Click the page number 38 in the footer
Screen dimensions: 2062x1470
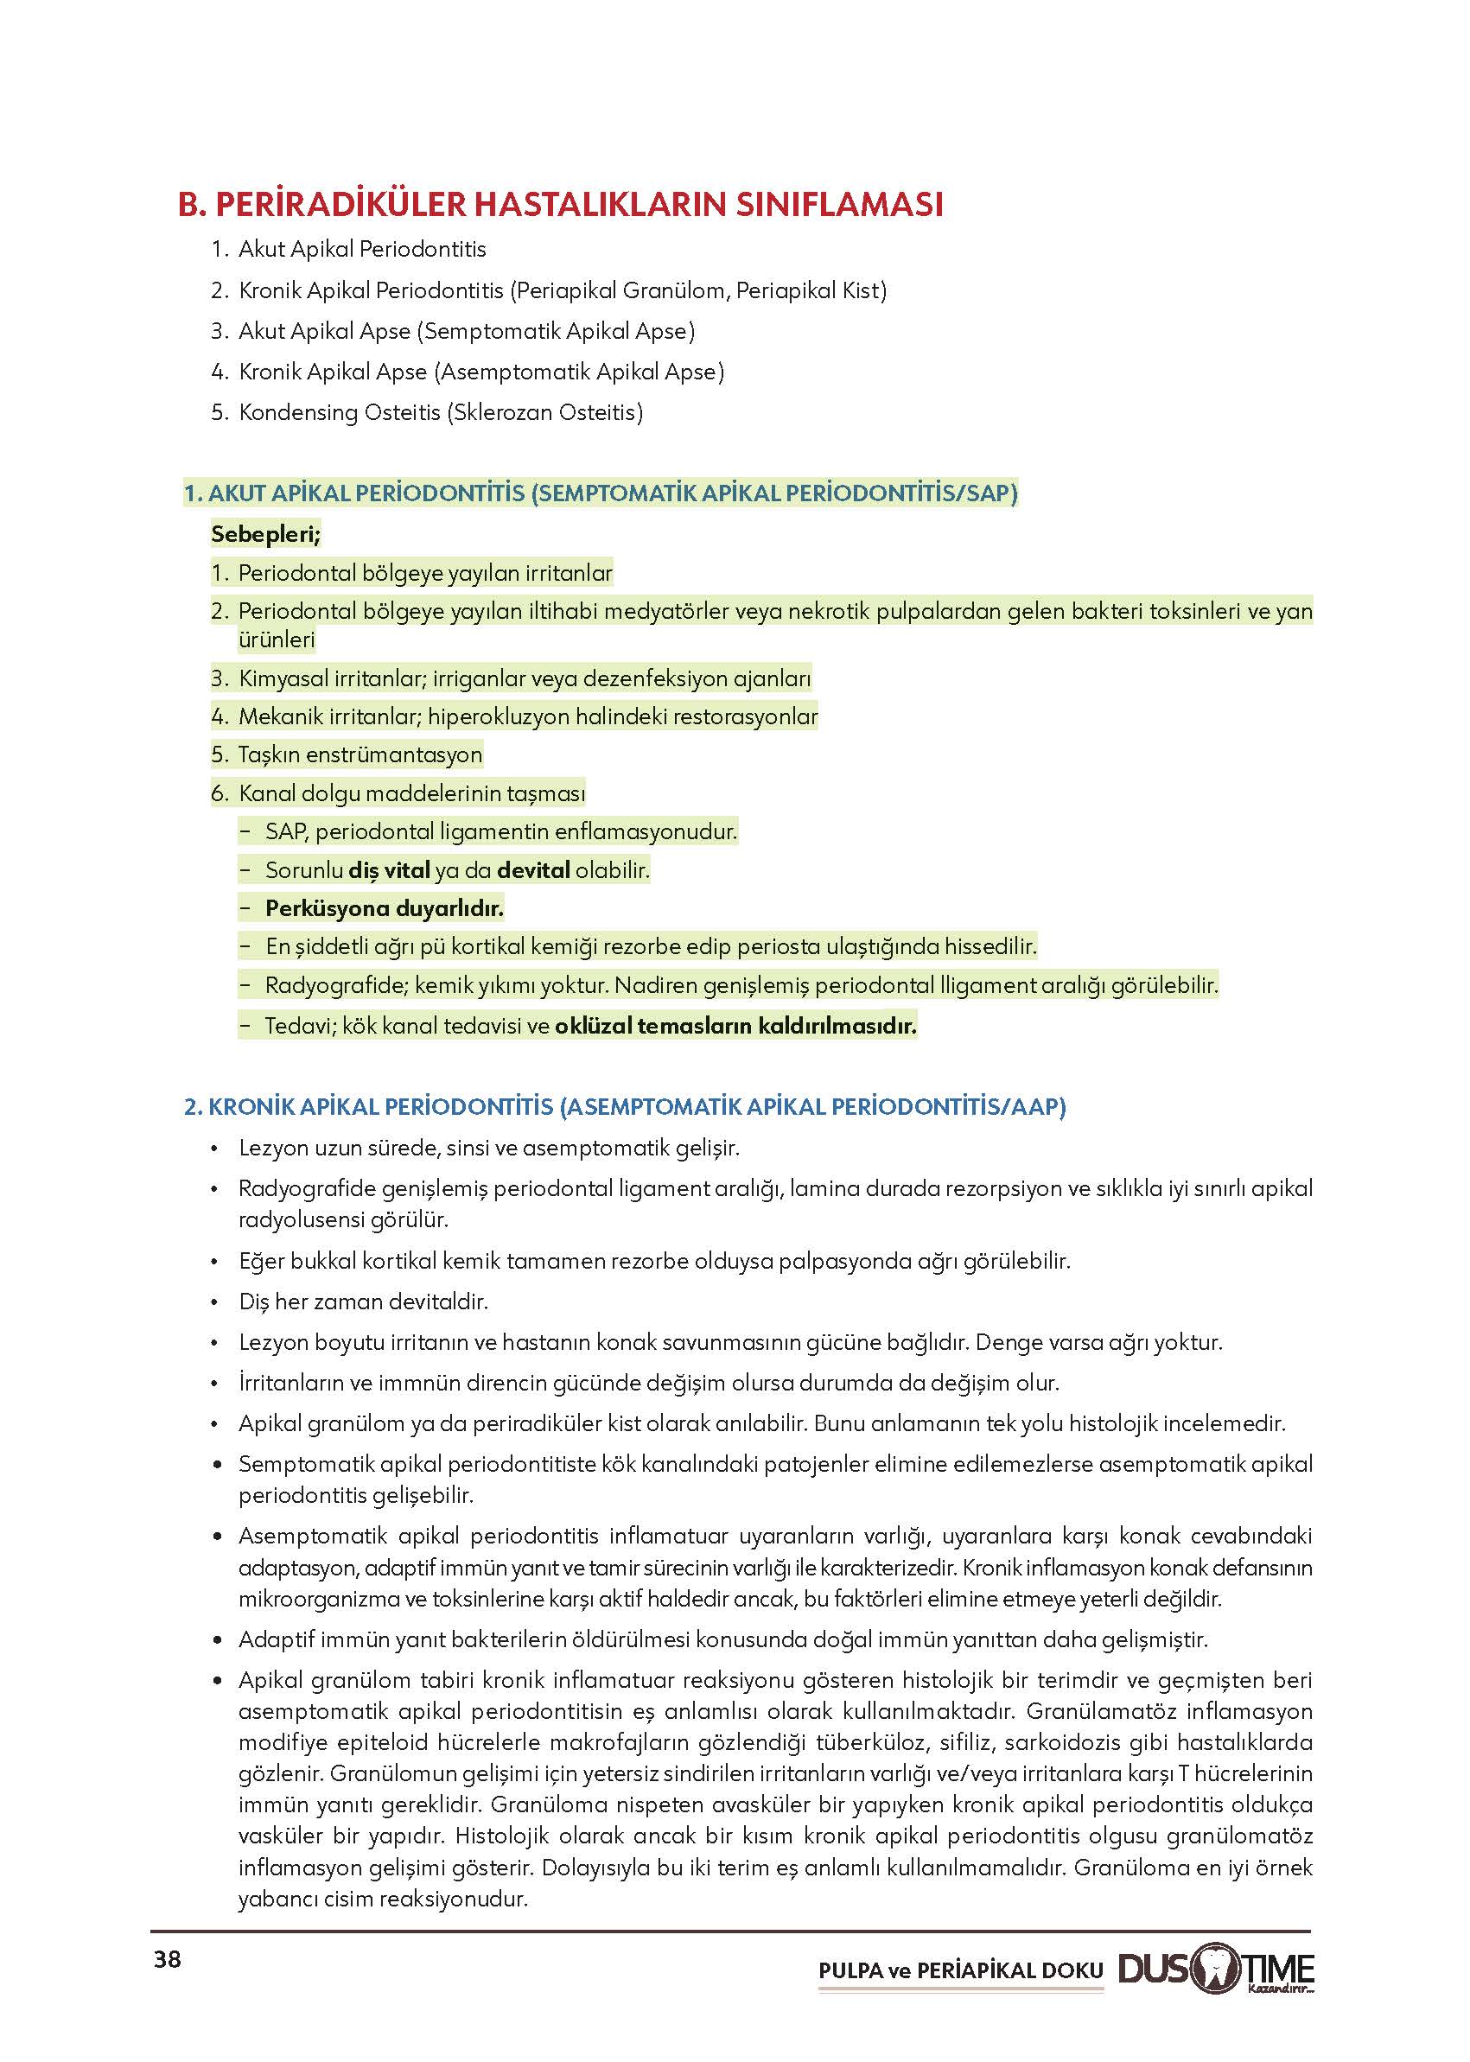pos(168,1960)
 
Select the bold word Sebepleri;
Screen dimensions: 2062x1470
pos(266,534)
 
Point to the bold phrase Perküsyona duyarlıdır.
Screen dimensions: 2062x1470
pos(384,908)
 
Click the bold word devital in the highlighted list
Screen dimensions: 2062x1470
pos(534,870)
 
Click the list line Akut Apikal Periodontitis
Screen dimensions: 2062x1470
pos(362,249)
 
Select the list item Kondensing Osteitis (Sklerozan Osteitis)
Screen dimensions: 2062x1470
pos(441,413)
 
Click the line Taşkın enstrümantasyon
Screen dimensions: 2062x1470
pos(360,754)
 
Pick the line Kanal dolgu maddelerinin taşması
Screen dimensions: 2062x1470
pos(412,794)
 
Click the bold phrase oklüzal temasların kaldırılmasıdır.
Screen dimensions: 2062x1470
pos(735,1026)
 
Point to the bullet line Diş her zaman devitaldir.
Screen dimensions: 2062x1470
pos(363,1301)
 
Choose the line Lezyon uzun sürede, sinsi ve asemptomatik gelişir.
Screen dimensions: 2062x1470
pos(489,1148)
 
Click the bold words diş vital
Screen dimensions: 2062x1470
pos(389,870)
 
